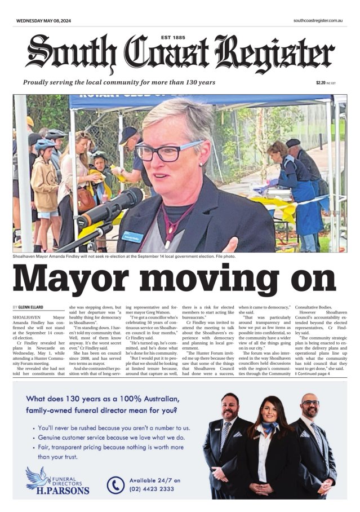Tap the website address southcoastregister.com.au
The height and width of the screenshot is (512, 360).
point(318,21)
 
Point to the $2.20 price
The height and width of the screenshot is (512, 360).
point(321,82)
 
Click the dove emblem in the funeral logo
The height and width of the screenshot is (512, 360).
point(38,477)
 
